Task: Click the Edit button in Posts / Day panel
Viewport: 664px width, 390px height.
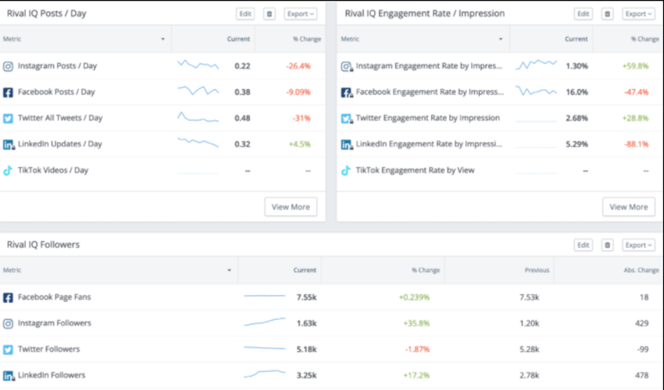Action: [245, 13]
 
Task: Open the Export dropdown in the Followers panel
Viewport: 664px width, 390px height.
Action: [638, 245]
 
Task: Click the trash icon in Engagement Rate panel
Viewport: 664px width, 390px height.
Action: [608, 13]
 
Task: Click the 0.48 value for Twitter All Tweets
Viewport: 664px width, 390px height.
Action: [242, 118]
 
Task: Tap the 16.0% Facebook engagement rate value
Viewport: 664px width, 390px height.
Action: [577, 92]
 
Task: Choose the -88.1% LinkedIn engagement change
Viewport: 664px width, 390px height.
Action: [635, 144]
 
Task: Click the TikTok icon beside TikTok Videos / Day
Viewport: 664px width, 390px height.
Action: [8, 170]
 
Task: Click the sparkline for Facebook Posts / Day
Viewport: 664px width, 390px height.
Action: [198, 91]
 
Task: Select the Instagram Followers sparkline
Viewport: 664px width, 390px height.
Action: [264, 322]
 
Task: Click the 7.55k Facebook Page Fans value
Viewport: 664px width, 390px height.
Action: [306, 297]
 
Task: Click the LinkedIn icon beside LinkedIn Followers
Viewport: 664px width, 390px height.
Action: [8, 375]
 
